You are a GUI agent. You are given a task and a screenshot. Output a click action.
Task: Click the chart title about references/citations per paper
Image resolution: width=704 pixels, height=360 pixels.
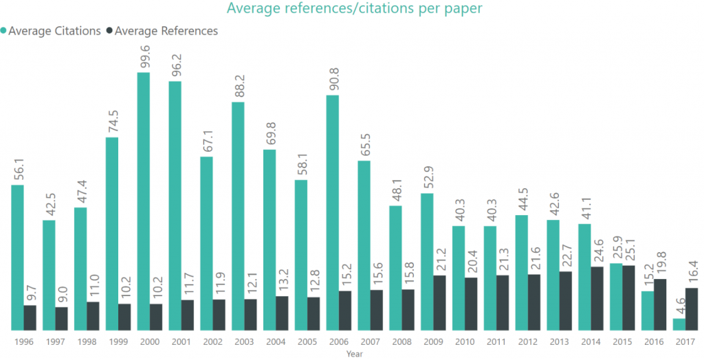354,9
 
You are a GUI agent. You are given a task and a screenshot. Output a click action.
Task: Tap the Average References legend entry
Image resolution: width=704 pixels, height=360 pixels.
166,31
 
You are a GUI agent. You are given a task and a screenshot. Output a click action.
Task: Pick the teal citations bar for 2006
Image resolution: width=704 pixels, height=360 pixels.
332,212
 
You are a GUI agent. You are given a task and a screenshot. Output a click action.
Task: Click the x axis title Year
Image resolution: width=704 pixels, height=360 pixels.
354,354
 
